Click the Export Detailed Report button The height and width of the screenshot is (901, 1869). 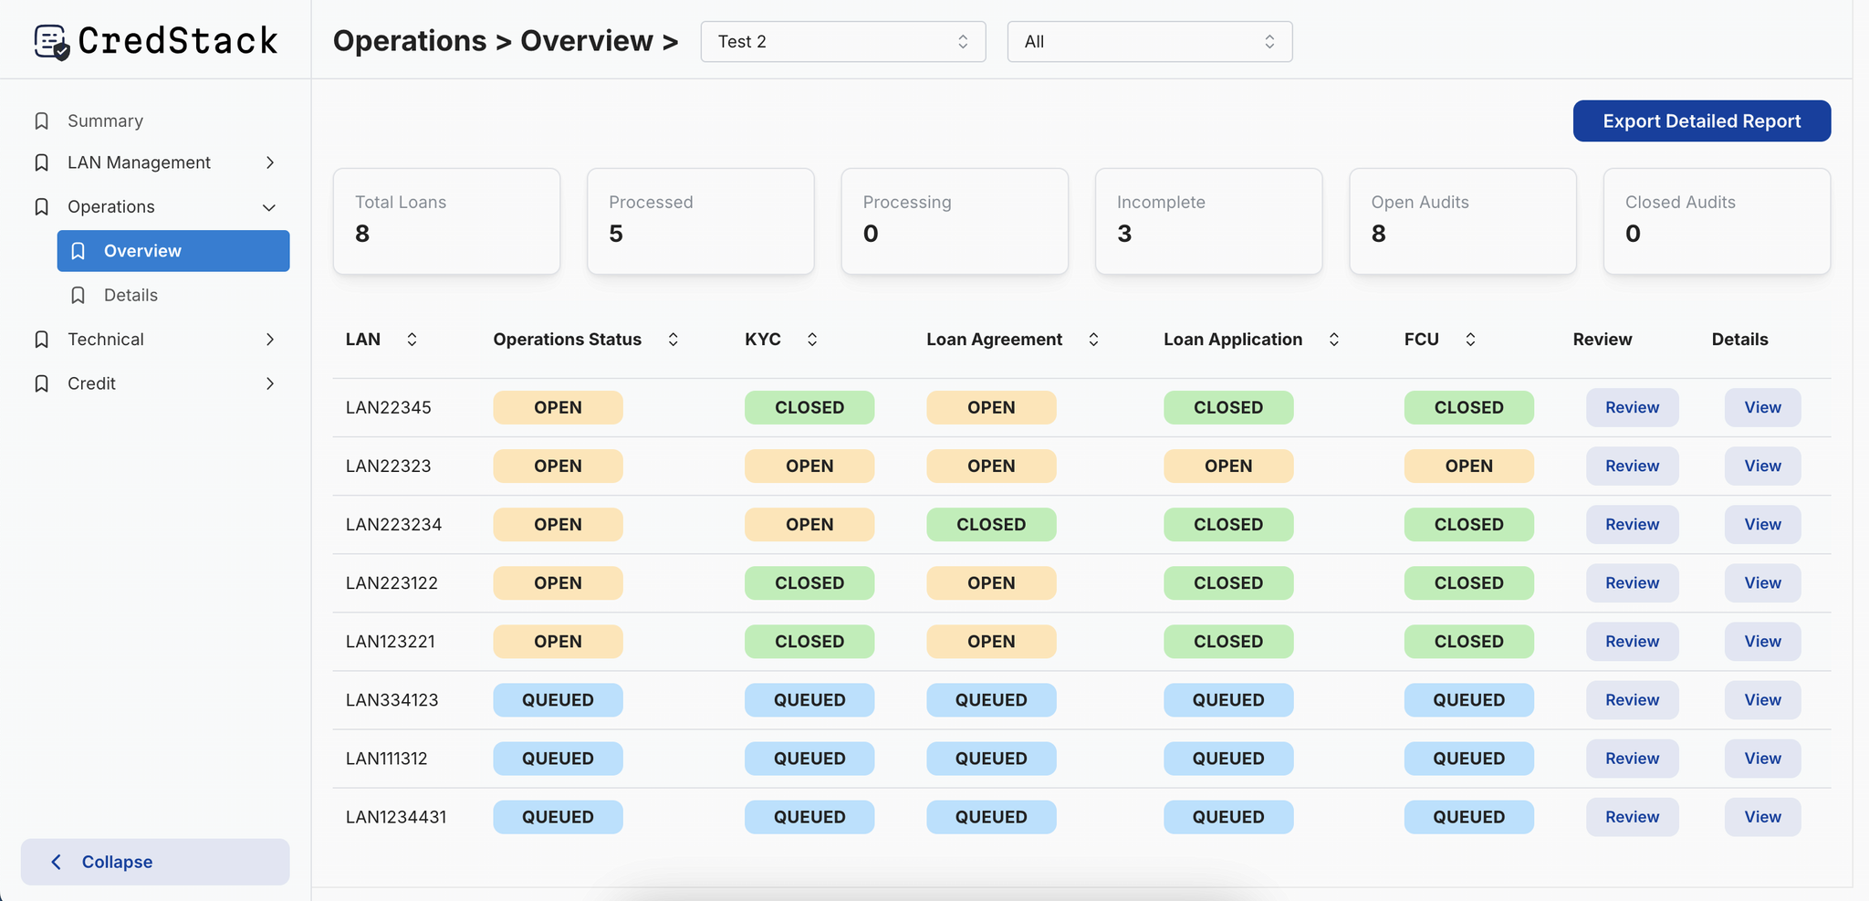pos(1701,121)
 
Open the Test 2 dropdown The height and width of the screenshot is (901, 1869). pos(842,42)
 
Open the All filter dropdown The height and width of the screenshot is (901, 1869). pos(1149,42)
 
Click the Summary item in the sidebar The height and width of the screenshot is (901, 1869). pos(105,121)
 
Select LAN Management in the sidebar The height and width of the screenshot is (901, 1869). pos(139,162)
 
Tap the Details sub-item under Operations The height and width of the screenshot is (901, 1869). pos(131,295)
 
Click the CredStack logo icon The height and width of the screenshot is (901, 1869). pos(51,41)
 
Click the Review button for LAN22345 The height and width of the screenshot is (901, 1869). pos(1632,407)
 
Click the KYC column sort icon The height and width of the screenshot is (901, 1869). pos(812,340)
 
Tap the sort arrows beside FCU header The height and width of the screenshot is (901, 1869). pos(1470,340)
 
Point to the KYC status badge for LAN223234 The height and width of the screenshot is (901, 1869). pos(809,525)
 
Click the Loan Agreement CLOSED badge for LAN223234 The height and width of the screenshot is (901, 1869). pos(991,525)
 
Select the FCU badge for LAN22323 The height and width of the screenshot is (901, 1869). pos(1468,466)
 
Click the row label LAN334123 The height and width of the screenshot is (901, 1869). pos(392,700)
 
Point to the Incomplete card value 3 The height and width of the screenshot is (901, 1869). pos(1124,235)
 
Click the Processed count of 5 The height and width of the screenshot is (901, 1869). pos(616,235)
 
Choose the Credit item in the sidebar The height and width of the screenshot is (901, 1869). pos(91,383)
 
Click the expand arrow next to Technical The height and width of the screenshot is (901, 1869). pos(270,340)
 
